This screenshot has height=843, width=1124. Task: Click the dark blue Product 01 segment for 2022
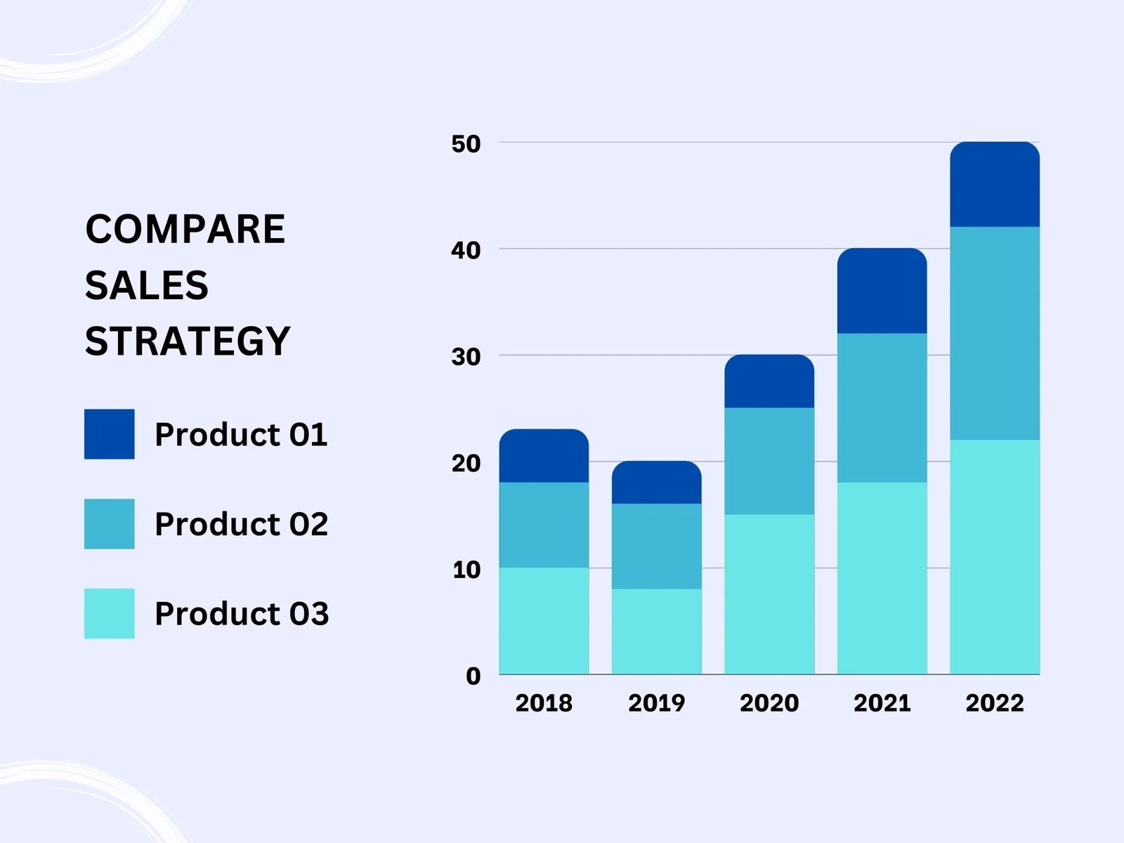(x=994, y=185)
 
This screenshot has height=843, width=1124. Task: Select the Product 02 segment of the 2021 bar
(x=882, y=407)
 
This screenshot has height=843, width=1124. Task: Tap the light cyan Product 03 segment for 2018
(x=544, y=621)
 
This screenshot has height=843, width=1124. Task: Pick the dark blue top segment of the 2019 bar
(x=656, y=483)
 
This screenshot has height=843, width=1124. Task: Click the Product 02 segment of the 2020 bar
(x=769, y=461)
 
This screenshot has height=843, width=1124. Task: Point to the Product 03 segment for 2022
(x=994, y=557)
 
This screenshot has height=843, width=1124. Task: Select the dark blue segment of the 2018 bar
(x=544, y=456)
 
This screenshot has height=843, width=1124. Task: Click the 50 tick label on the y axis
(x=466, y=144)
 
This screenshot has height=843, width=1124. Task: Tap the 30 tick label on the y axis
(x=466, y=357)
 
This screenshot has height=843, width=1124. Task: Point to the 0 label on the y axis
(x=473, y=676)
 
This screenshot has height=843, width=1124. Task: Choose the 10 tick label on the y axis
(x=466, y=570)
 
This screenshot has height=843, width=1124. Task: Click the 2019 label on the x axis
(x=656, y=702)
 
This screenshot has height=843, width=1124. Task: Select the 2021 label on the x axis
(x=882, y=702)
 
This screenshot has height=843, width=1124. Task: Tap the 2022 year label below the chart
(x=994, y=702)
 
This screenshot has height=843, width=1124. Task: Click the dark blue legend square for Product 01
(x=109, y=434)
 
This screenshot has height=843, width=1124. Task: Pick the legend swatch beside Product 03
(x=109, y=613)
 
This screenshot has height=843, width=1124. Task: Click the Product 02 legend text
(x=241, y=524)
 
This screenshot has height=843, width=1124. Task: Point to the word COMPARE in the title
(x=185, y=229)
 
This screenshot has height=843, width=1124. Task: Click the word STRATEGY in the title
(x=187, y=341)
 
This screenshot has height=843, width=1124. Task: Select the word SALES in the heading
(x=146, y=285)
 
